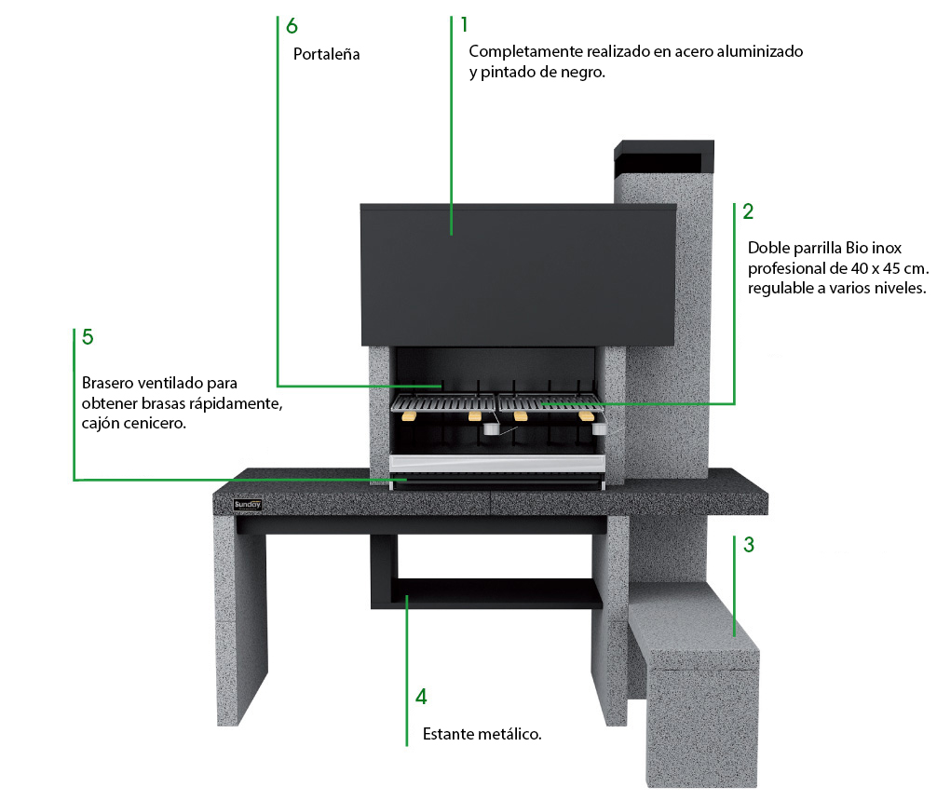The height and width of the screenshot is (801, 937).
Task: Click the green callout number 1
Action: pos(465,24)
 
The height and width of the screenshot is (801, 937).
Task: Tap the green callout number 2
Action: pos(748,211)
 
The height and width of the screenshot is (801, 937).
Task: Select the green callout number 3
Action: pos(749,545)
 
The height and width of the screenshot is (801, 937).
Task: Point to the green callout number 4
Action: pos(421,697)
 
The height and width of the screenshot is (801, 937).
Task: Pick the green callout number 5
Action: pos(88,336)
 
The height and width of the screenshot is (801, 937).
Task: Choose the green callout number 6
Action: pos(292,26)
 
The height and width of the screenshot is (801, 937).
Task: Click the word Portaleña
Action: pos(326,54)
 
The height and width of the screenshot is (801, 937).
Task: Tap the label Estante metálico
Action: pos(482,734)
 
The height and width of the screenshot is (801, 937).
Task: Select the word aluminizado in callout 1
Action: pos(759,51)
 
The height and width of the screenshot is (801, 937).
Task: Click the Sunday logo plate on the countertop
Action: pos(248,505)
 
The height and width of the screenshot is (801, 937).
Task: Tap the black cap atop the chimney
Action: pos(664,156)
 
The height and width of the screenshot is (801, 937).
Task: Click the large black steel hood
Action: pos(518,275)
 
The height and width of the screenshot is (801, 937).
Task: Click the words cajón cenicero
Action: pos(134,423)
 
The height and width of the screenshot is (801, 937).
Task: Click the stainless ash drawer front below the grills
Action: pos(497,463)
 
